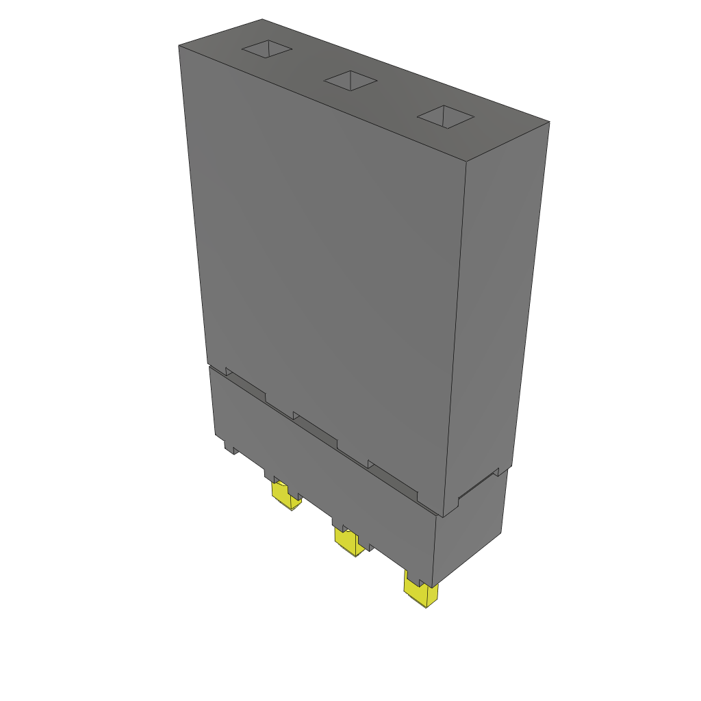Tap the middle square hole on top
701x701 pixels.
(350, 81)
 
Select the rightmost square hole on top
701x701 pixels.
(446, 116)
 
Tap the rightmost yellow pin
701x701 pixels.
(421, 593)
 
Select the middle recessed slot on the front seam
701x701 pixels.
(316, 430)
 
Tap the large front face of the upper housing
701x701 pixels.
(322, 260)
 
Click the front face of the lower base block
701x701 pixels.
(322, 472)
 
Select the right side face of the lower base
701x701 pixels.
(472, 527)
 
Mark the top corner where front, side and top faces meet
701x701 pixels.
(466, 162)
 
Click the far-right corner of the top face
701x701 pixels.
(549, 123)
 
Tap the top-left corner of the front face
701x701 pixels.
(179, 46)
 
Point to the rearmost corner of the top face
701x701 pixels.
(262, 19)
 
